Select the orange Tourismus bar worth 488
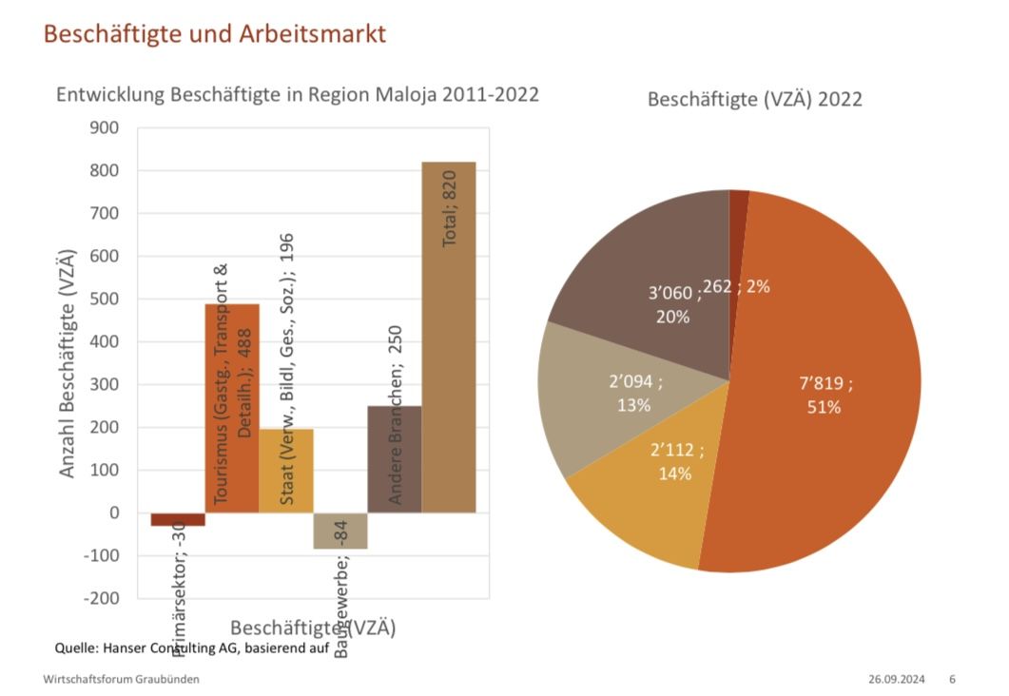(x=232, y=409)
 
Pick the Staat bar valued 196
(x=286, y=471)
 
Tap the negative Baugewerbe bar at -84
(x=340, y=531)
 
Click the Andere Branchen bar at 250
(x=395, y=459)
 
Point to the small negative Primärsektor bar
(x=178, y=519)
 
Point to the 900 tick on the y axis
(x=104, y=128)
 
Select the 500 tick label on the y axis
(x=104, y=300)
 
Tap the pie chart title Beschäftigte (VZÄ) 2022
(x=754, y=99)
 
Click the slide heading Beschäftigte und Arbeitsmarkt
(x=215, y=34)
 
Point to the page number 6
(x=952, y=680)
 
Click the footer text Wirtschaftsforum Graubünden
(x=122, y=680)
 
